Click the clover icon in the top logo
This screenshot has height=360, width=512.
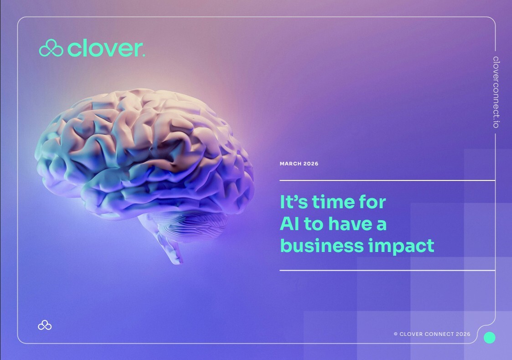click(x=51, y=48)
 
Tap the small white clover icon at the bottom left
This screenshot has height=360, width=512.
click(x=45, y=325)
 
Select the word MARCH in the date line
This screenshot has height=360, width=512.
click(x=290, y=164)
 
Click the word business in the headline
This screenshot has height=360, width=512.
click(x=322, y=246)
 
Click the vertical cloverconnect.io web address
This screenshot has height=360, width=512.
click(x=496, y=92)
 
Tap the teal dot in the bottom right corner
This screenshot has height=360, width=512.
click(x=490, y=338)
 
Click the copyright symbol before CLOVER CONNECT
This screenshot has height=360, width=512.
click(x=395, y=334)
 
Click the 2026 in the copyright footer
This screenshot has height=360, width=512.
click(x=463, y=334)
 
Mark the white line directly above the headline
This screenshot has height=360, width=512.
click(x=387, y=180)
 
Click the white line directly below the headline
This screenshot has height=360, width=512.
click(x=387, y=271)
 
